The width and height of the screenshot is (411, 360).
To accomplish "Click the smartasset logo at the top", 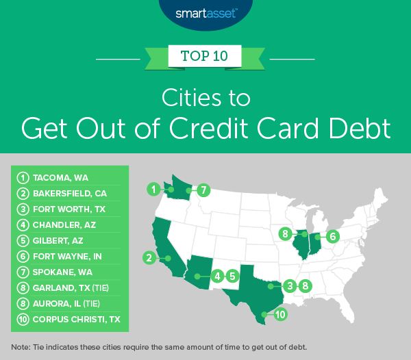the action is click(x=205, y=12).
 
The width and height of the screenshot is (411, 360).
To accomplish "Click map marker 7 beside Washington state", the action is click(x=203, y=190).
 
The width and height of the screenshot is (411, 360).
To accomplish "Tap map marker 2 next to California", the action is click(x=148, y=257).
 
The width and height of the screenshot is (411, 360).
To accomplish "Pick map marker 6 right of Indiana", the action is click(x=334, y=236).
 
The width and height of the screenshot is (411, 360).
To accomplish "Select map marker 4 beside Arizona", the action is click(x=217, y=277).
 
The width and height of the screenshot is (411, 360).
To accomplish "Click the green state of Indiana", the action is click(x=316, y=243).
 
